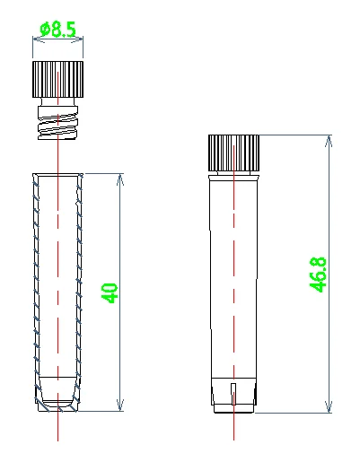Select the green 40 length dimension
coord(110,292)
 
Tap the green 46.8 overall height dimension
coord(318,275)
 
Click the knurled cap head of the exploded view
coord(58,80)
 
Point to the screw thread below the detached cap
coord(58,122)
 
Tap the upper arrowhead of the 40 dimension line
coord(119,178)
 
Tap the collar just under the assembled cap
coord(234,172)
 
